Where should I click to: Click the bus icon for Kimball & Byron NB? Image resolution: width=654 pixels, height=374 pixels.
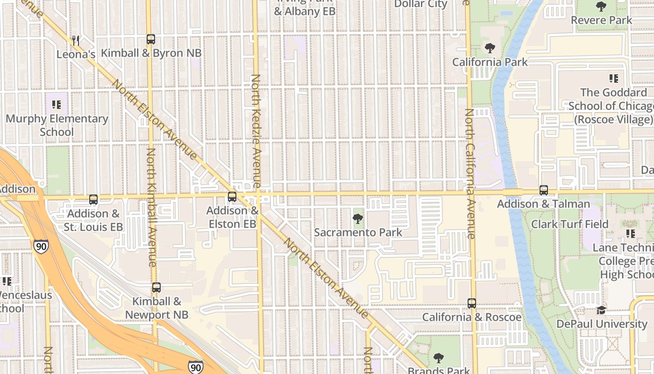pos(150,39)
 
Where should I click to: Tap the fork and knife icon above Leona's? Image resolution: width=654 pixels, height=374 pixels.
pos(76,41)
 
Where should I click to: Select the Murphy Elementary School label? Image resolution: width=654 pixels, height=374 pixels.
pos(57,125)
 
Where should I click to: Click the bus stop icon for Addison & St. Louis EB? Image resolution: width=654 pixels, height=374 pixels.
pos(93,200)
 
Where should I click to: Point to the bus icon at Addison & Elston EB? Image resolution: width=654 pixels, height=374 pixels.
pos(232,197)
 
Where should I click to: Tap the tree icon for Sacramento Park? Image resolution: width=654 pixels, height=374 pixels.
pos(358,218)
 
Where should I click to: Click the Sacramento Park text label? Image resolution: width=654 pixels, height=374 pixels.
pos(358,232)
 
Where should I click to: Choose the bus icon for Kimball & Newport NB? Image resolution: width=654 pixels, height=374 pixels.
pos(156,288)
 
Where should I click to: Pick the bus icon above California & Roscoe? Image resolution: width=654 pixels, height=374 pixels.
pos(472,303)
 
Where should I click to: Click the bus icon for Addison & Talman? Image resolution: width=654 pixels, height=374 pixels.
pos(544,190)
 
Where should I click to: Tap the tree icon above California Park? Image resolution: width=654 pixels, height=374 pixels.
pos(490,48)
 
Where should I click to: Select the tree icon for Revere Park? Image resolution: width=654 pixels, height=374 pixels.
pos(601,7)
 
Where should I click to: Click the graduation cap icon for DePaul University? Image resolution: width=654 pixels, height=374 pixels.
pos(601,310)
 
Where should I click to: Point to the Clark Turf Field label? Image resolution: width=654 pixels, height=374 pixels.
pos(570,224)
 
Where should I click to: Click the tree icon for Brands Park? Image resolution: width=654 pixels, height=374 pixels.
pos(438,359)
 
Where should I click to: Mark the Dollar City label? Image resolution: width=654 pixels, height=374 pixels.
pos(421,4)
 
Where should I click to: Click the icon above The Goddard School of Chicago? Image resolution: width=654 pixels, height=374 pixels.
pos(613,79)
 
